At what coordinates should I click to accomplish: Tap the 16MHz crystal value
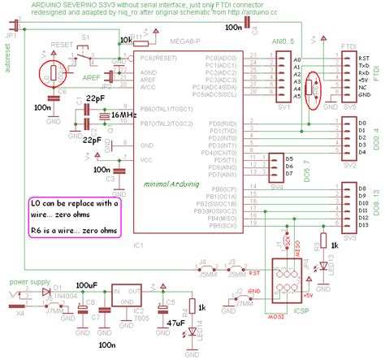[x=123, y=116]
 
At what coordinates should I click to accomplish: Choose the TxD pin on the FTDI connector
[x=362, y=66]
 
